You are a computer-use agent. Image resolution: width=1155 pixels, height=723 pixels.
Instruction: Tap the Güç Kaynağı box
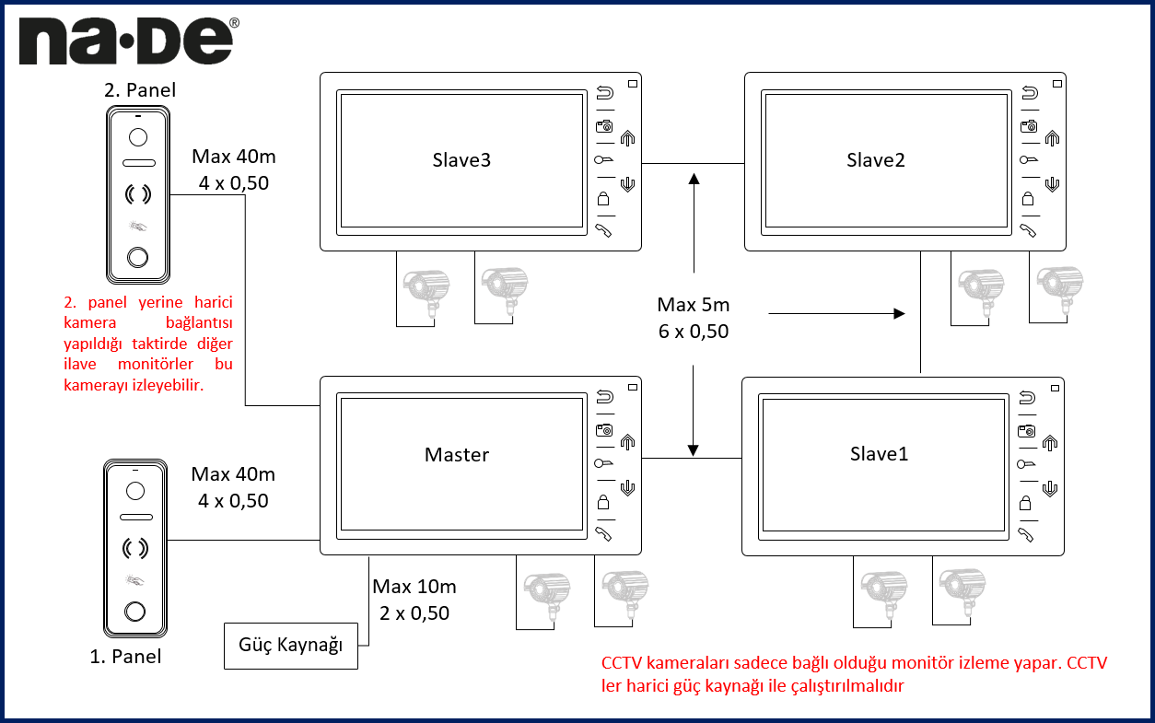(290, 645)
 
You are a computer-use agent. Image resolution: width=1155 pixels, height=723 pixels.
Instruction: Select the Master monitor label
(457, 454)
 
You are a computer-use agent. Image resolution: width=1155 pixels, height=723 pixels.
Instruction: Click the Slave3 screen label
(461, 159)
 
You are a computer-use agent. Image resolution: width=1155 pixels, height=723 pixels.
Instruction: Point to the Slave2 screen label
(876, 159)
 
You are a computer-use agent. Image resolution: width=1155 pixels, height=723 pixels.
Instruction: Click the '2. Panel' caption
(139, 90)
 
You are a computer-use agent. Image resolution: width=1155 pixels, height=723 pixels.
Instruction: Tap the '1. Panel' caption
(125, 657)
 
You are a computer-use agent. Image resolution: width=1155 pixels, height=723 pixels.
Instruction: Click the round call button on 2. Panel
(137, 259)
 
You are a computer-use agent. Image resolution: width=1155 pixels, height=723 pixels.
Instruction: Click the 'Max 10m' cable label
(414, 586)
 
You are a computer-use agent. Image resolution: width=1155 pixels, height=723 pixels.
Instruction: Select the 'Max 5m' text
(693, 305)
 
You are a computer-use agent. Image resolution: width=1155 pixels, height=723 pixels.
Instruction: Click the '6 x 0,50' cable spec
(693, 332)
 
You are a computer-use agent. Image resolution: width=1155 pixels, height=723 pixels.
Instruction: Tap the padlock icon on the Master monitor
(604, 502)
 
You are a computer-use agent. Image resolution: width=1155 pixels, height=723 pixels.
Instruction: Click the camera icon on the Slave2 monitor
(1028, 125)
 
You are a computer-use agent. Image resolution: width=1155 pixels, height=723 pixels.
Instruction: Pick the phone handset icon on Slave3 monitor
(604, 230)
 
